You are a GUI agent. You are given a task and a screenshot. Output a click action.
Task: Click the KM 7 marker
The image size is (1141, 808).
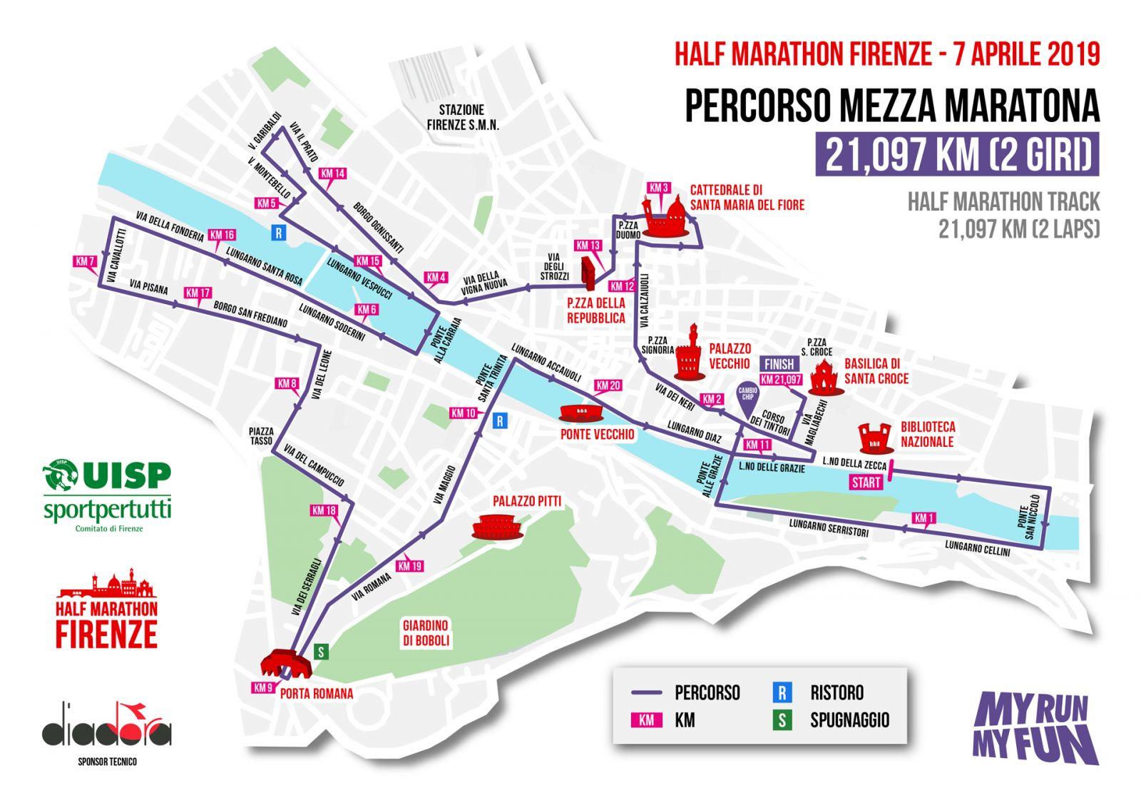(x=85, y=262)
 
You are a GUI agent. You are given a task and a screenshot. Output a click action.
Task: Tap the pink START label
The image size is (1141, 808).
(x=866, y=483)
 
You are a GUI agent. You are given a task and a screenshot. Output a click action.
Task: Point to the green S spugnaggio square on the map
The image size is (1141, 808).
(x=321, y=651)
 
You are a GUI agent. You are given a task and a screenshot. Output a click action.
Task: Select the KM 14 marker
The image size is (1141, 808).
(x=332, y=173)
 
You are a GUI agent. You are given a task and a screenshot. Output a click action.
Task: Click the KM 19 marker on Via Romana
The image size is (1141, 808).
(x=409, y=566)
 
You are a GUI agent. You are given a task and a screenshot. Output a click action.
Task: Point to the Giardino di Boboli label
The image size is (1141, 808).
(x=425, y=632)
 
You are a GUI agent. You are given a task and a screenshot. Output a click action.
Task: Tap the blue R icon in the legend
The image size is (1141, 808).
(x=782, y=692)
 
